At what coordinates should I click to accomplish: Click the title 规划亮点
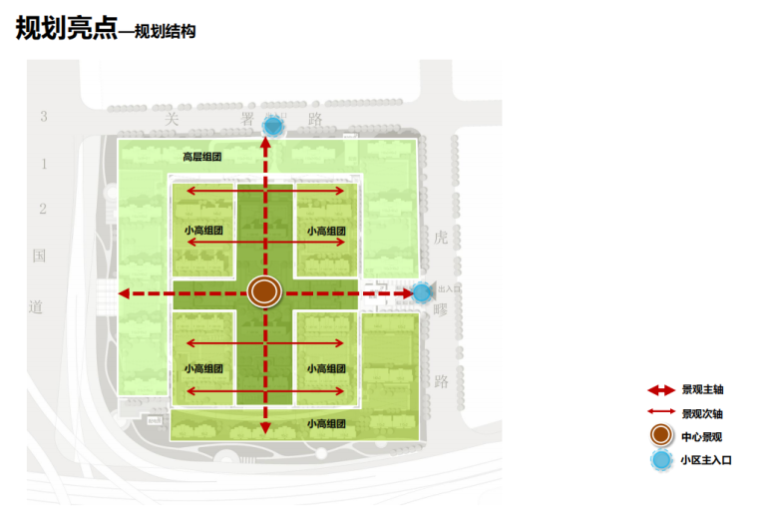coord(66,29)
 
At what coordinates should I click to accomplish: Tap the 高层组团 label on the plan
coord(201,157)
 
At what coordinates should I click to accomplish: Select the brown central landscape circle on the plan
coord(264,291)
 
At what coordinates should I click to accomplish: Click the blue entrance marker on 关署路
coord(272,127)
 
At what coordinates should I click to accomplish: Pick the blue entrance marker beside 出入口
coord(422,292)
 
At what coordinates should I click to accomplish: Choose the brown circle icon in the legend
coord(660,436)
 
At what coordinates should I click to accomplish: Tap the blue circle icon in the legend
coord(660,460)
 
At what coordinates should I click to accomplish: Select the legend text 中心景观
coord(702,436)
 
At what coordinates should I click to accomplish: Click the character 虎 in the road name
coord(442,238)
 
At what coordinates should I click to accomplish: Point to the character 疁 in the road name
coord(442,309)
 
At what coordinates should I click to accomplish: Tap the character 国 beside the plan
coord(39,256)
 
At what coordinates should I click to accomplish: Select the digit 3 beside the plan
coord(43,117)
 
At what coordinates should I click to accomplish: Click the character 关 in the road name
coord(172,118)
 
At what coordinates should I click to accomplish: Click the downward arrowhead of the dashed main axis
coord(265,428)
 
